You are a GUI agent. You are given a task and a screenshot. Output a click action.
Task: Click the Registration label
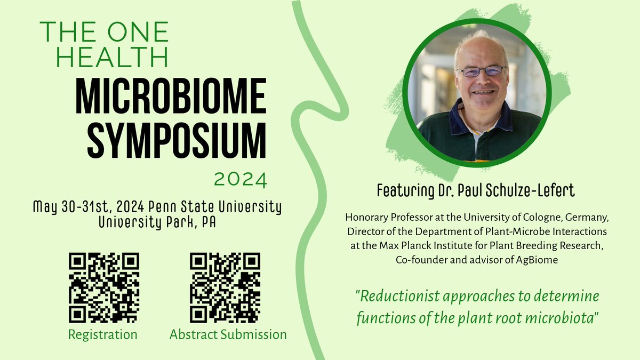click(103, 334)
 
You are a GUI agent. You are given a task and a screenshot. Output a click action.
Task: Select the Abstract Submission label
click(228, 334)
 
